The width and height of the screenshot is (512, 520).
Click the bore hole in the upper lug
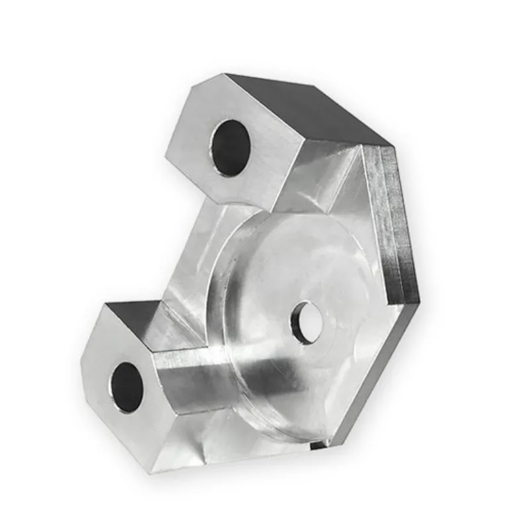231,147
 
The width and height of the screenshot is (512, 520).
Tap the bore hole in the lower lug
127,387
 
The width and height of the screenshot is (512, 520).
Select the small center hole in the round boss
306,322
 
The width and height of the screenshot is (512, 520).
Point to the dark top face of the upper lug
311,109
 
